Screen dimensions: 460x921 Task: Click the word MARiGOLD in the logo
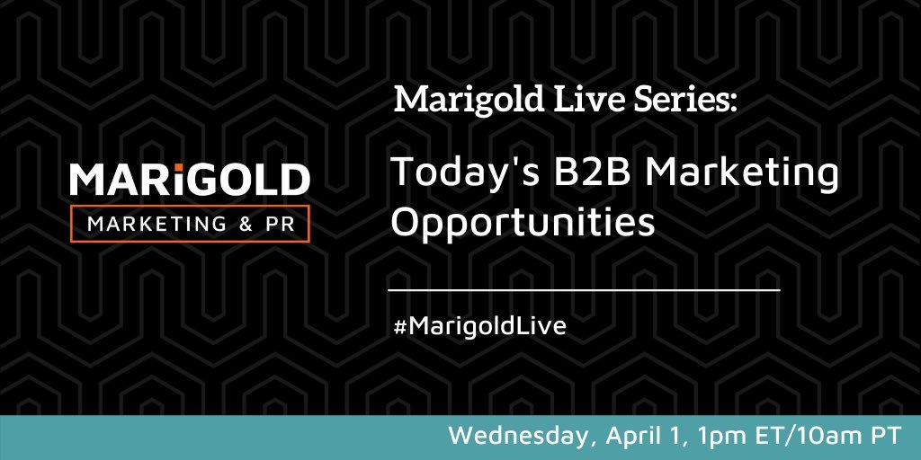190,180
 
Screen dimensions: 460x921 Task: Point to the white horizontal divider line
584,291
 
